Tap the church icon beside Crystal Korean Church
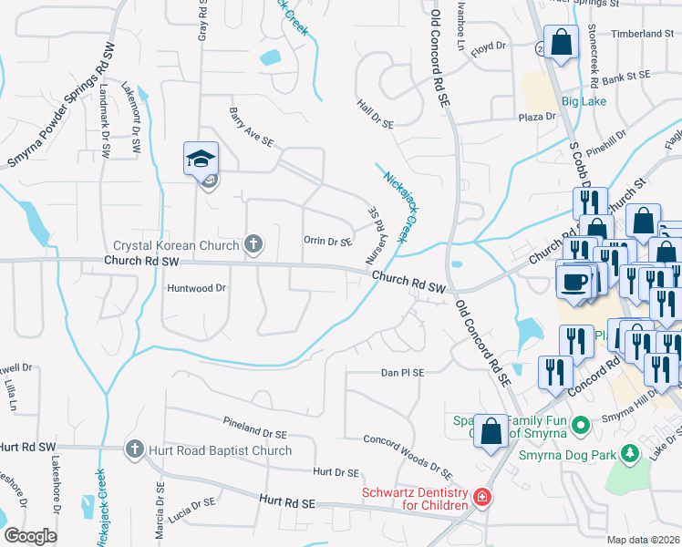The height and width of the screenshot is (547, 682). tap(253, 244)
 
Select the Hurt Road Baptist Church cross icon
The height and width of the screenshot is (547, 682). tap(134, 449)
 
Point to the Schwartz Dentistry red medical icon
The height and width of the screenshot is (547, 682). tap(480, 498)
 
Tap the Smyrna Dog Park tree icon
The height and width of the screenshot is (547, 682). tap(628, 453)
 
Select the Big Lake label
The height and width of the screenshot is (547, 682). tap(584, 100)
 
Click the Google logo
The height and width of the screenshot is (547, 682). tap(30, 535)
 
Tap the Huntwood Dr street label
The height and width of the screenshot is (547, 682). tap(196, 288)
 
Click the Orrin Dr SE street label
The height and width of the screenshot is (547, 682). tap(327, 242)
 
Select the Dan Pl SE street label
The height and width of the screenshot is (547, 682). tap(402, 373)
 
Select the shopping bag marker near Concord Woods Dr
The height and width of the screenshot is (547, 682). tap(491, 432)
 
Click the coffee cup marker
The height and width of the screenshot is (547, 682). tap(573, 280)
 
